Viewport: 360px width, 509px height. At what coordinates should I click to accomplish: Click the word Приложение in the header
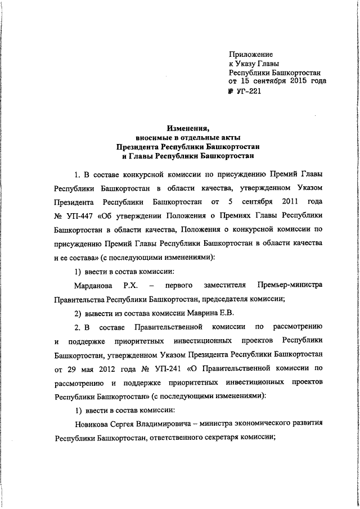pos(251,55)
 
